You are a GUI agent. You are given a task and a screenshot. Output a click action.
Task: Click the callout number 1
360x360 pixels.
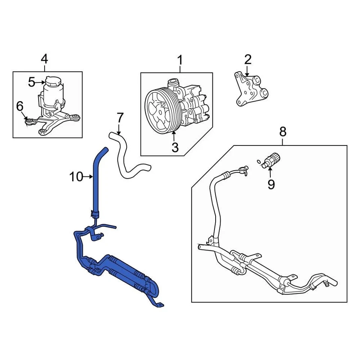pyautogui.click(x=180, y=60)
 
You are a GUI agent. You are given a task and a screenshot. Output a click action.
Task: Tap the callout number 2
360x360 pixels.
pyautogui.click(x=247, y=59)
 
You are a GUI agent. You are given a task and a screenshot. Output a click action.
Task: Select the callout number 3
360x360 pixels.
pyautogui.click(x=175, y=147)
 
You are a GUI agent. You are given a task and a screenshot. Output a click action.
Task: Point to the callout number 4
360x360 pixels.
pyautogui.click(x=44, y=59)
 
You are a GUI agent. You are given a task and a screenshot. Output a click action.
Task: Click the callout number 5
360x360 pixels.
pyautogui.click(x=31, y=82)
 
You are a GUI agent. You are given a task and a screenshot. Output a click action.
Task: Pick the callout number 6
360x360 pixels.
pyautogui.click(x=19, y=106)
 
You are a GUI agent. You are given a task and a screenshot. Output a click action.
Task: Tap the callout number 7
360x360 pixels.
pyautogui.click(x=120, y=118)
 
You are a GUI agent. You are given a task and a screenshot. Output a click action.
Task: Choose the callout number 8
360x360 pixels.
pyautogui.click(x=283, y=132)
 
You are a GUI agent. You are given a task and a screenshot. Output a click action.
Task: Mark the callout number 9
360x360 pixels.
pyautogui.click(x=271, y=184)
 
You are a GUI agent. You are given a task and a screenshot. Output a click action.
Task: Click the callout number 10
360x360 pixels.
pyautogui.click(x=76, y=176)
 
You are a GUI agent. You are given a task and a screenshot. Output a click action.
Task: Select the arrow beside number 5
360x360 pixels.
pyautogui.click(x=40, y=82)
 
